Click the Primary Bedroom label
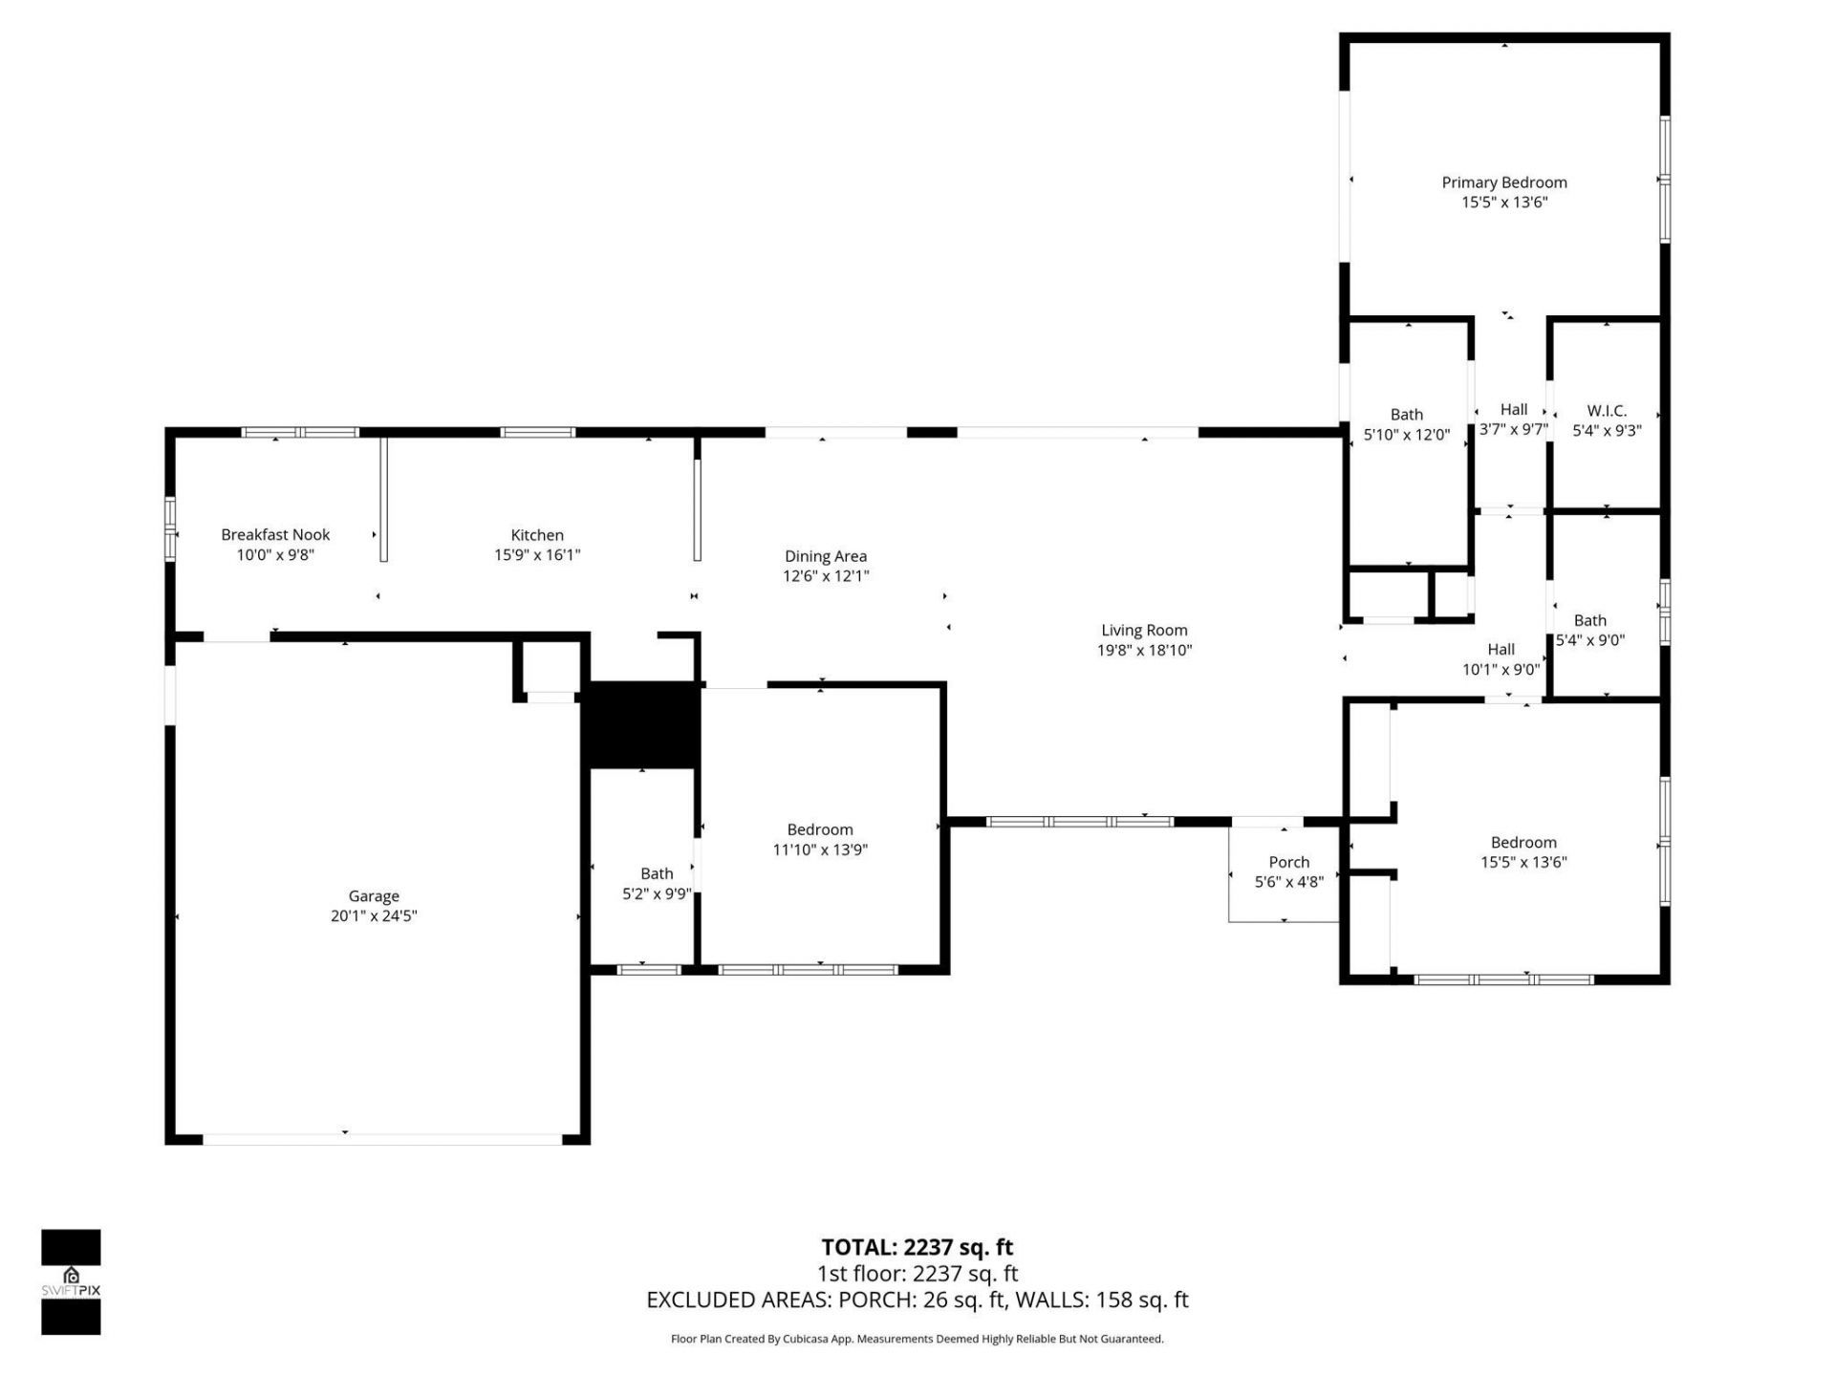coord(1503,182)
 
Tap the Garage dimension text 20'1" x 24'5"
coord(373,915)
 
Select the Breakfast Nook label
coord(275,534)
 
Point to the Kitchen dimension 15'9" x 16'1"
coord(536,554)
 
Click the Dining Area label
coord(825,555)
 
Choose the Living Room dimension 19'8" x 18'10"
coord(1144,650)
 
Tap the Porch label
coord(1288,862)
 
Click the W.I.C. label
coord(1607,410)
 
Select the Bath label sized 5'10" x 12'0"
coord(1406,414)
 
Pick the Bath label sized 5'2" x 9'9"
coord(657,872)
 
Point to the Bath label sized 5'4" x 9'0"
coord(1590,620)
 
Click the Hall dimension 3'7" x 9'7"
coord(1513,429)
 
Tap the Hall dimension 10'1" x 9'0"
coord(1500,669)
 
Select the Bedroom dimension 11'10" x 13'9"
coord(820,849)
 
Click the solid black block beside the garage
coord(641,723)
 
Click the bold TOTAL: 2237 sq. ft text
coord(917,1247)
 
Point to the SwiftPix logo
coord(71,1281)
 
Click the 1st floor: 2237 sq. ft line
coord(917,1273)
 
